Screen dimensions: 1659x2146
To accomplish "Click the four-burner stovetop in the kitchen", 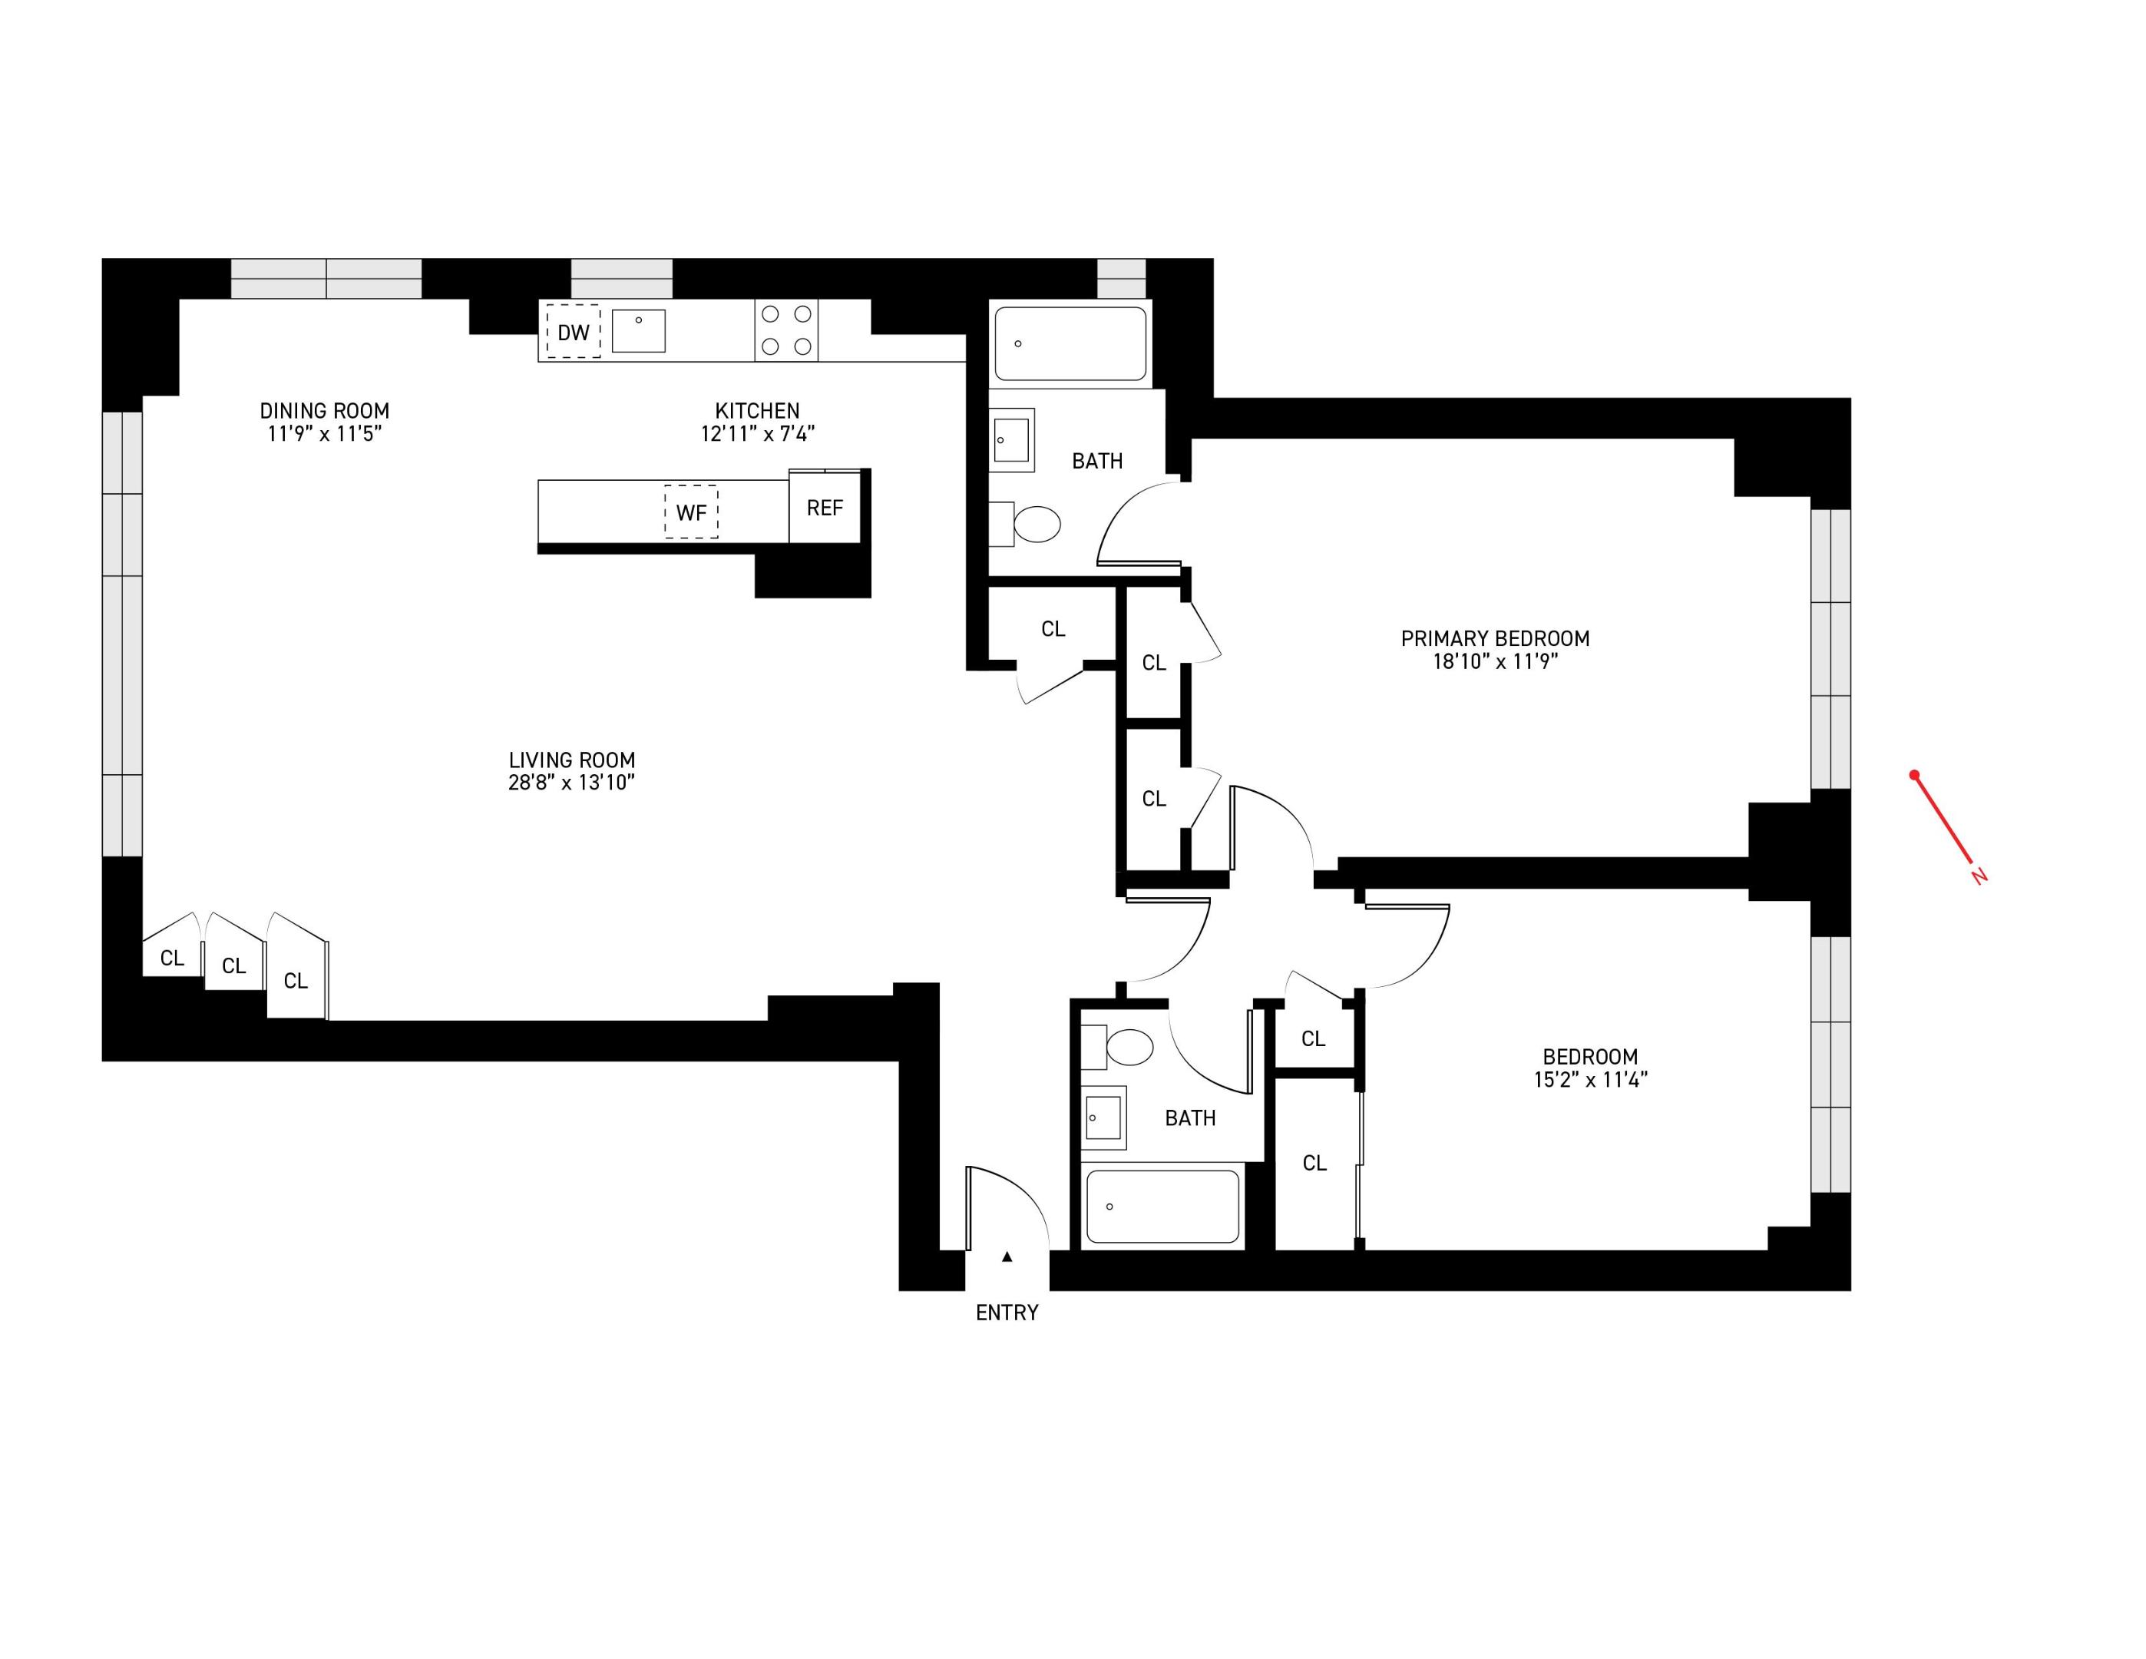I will pos(786,330).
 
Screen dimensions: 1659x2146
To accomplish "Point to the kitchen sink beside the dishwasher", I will pos(638,330).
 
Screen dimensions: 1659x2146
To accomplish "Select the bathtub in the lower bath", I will pos(1162,1206).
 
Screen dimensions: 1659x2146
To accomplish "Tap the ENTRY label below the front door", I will pos(1006,1312).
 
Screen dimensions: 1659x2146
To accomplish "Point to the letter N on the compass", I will pos(1980,875).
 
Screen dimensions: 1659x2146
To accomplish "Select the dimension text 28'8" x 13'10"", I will pos(571,783).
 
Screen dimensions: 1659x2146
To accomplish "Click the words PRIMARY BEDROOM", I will pos(1495,637).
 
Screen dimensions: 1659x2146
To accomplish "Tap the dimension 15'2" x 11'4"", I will pos(1590,1079).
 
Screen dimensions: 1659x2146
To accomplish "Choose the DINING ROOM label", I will pos(324,411).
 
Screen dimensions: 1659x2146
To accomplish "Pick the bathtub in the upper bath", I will pos(1070,343).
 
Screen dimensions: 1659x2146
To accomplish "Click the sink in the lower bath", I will pos(1103,1118).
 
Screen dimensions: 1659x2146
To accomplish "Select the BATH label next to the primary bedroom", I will pos(1096,461).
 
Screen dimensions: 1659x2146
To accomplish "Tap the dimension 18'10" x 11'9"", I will pos(1495,661).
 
